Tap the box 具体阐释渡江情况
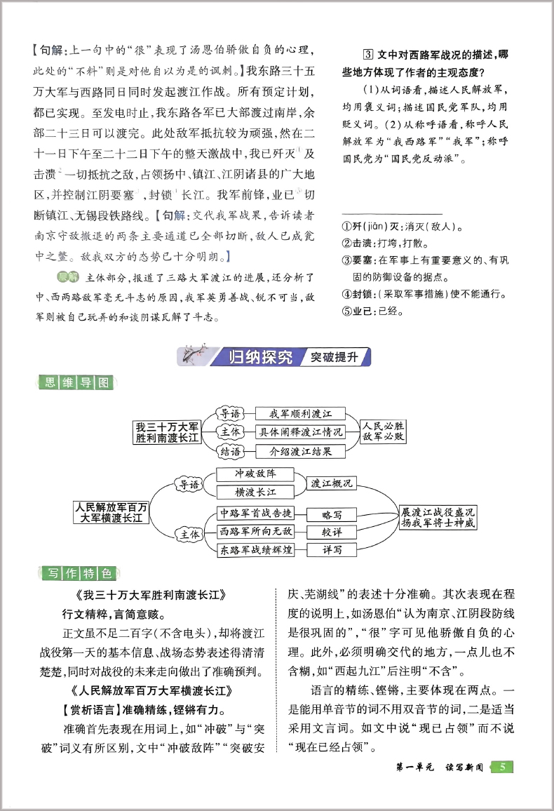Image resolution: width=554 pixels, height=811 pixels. (x=301, y=432)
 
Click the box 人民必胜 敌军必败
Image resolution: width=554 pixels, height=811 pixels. (x=382, y=431)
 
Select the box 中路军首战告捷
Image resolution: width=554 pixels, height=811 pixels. (x=256, y=513)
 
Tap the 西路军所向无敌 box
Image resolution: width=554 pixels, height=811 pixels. (x=256, y=531)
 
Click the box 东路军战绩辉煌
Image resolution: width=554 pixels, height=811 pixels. (x=256, y=550)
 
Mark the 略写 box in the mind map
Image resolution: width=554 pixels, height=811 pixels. (x=332, y=514)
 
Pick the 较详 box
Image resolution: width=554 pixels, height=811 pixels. (x=332, y=532)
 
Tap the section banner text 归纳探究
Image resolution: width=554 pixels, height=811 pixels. (x=260, y=356)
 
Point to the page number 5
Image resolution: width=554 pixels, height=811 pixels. (x=502, y=767)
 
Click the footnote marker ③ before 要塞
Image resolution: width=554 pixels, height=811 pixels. (x=346, y=260)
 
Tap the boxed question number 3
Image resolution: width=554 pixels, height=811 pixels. (x=367, y=55)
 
